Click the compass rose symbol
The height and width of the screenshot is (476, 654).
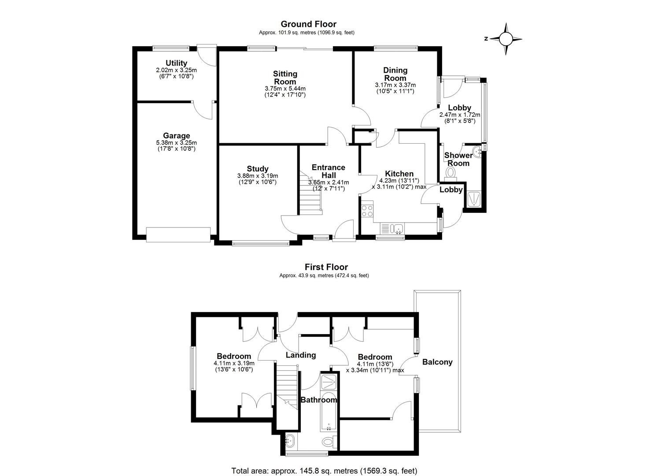coord(506,39)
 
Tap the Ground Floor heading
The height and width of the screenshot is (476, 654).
coord(308,24)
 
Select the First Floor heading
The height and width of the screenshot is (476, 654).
coord(326,267)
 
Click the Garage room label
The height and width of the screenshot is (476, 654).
coord(176,136)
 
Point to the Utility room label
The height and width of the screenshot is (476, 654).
coord(176,63)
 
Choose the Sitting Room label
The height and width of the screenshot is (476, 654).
coord(285,78)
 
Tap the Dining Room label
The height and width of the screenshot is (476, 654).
coord(395,74)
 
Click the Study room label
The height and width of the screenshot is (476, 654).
coord(258,168)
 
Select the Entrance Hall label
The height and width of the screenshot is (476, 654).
coord(328,171)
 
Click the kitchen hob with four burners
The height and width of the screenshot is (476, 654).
coord(367,211)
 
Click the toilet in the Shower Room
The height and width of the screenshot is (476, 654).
coord(451,171)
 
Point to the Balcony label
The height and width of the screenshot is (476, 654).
coord(437,362)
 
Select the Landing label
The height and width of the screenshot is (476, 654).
coord(301,355)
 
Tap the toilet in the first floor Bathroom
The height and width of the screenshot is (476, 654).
coord(329,441)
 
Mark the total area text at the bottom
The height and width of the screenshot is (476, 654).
coord(324,470)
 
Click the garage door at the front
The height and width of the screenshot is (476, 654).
coord(178,234)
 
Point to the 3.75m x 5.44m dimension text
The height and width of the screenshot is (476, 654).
coord(285,88)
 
